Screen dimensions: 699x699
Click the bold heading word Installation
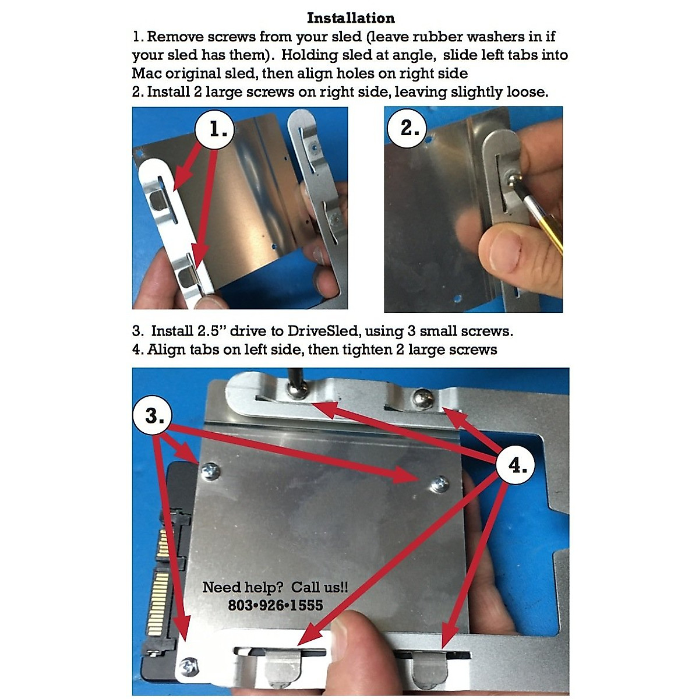[x=351, y=18]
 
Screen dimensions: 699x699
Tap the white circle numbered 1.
[x=215, y=129]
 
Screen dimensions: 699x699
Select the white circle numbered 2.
[x=407, y=128]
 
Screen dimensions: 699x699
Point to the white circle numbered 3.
[x=153, y=416]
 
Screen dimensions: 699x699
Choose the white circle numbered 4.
[x=516, y=465]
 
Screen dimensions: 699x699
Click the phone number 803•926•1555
[x=276, y=605]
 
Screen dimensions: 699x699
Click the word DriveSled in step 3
[x=323, y=331]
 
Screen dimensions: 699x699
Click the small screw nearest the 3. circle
[x=210, y=471]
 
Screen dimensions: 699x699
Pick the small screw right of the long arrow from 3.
[x=440, y=484]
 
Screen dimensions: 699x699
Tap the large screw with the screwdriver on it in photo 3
[x=296, y=391]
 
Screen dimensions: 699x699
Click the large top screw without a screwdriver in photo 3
[x=423, y=397]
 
